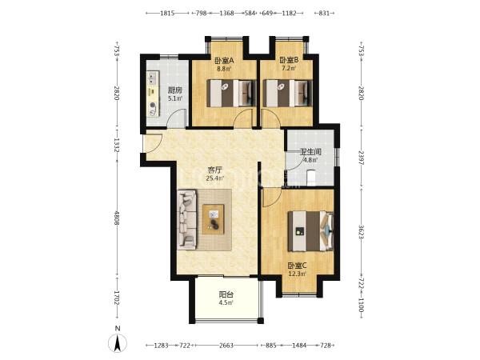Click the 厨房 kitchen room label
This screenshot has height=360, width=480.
click(175, 90)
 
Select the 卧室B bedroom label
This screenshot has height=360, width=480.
click(289, 60)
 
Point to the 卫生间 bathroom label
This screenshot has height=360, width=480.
click(310, 152)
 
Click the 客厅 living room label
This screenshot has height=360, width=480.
click(214, 170)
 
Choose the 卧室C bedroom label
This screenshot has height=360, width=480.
click(297, 266)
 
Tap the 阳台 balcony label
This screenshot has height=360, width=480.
click(226, 294)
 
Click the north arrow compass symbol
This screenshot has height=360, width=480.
click(118, 342)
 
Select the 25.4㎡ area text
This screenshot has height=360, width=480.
click(214, 178)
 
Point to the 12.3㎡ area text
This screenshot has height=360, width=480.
click(298, 274)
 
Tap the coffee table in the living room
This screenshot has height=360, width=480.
click(213, 219)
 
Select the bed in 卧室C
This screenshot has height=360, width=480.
click(310, 231)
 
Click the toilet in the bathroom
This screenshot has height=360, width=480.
click(311, 178)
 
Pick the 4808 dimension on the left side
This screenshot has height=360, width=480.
click(116, 218)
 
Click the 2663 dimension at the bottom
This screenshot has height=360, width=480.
click(226, 346)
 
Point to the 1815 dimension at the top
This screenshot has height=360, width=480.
click(167, 13)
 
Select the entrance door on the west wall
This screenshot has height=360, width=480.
click(152, 144)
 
